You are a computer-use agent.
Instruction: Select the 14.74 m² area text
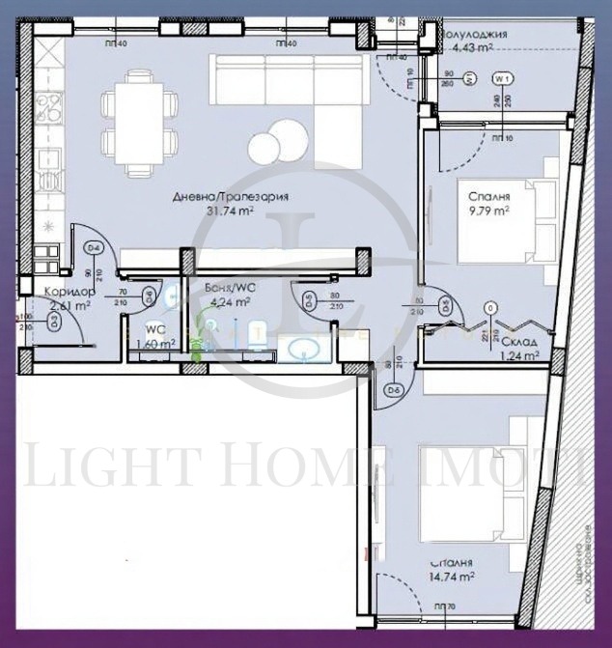[453, 577]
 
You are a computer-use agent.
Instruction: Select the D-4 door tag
[94, 249]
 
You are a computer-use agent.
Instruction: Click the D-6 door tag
[394, 390]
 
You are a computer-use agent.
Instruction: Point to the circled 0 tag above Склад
[491, 308]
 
